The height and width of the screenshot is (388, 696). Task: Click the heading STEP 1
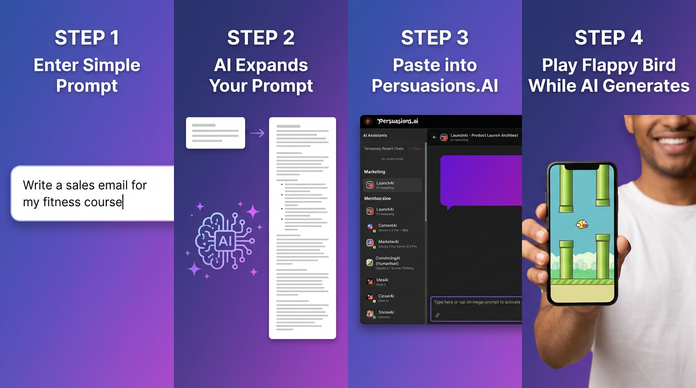[86, 38]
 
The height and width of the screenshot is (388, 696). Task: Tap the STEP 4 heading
[608, 38]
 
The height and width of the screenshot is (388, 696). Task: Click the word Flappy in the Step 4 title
[609, 65]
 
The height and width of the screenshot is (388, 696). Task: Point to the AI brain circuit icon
[224, 240]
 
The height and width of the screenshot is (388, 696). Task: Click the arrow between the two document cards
[257, 133]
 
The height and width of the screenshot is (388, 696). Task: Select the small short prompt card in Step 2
[215, 133]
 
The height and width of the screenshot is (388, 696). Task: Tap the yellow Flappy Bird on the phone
[582, 224]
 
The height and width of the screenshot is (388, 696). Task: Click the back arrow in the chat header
[434, 137]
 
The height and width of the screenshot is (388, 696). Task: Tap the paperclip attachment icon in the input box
[438, 315]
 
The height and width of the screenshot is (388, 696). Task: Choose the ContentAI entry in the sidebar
[387, 226]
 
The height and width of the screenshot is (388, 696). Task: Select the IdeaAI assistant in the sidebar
[382, 280]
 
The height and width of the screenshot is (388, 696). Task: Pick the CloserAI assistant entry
[385, 297]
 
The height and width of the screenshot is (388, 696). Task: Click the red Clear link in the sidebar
[416, 149]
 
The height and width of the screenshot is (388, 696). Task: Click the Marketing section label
[374, 172]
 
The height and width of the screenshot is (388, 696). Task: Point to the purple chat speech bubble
[481, 180]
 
